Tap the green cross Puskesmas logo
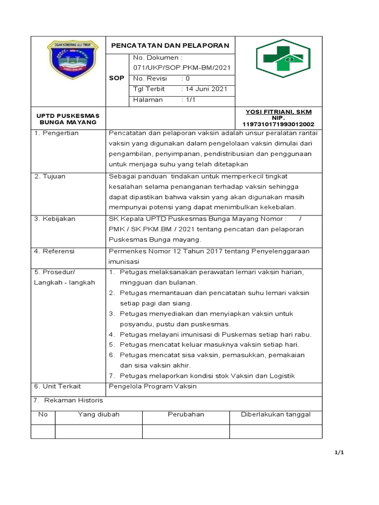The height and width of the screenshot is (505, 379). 283,58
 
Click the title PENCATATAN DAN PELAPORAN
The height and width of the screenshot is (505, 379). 170,45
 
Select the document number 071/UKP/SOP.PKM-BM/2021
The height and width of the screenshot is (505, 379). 182,68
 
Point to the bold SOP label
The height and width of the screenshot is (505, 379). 117,78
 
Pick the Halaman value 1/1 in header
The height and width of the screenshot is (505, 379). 190,100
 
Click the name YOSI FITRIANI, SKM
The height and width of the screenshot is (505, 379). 278,111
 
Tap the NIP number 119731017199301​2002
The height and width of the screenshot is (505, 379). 278,124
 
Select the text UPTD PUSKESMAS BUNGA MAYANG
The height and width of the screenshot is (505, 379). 69,119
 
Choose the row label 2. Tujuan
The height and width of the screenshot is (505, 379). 50,176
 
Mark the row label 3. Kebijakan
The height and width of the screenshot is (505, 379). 54,219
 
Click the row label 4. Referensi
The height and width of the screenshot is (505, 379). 54,251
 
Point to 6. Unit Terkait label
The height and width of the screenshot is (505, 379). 57,386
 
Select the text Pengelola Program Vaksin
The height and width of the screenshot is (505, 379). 152,386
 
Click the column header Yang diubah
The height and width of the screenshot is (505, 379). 99,414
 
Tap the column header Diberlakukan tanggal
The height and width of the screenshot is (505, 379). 275,414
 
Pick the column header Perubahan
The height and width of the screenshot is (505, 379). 186,414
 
